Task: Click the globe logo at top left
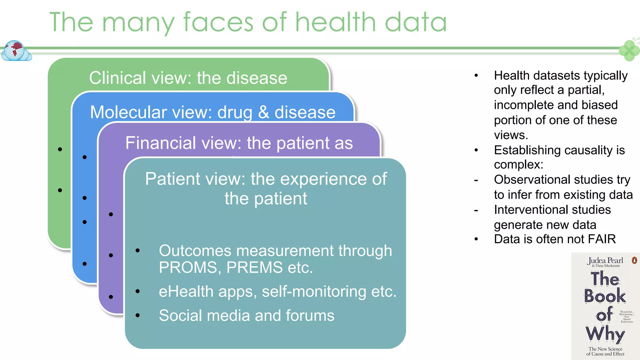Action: (x=16, y=51)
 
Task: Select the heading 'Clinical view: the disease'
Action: (x=188, y=78)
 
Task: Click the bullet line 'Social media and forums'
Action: (x=247, y=315)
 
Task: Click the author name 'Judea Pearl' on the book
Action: (x=605, y=260)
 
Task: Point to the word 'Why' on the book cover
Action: (x=605, y=334)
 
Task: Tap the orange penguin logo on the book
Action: (x=634, y=260)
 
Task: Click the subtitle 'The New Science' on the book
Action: (x=605, y=349)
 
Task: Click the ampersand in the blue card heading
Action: (x=263, y=112)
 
